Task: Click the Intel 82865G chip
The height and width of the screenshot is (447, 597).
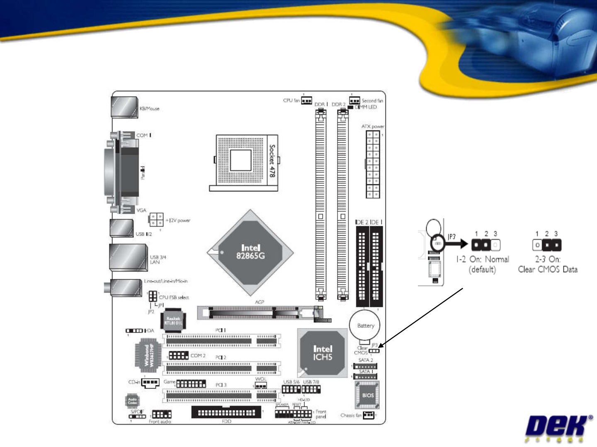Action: (250, 252)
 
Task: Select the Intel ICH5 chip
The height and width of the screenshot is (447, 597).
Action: (323, 353)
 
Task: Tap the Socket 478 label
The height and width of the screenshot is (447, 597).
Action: (272, 161)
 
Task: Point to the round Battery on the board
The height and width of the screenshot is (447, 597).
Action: (365, 326)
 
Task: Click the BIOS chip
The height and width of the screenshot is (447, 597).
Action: (367, 395)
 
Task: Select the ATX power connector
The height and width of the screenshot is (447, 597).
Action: (373, 164)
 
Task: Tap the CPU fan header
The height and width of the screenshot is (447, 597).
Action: (306, 101)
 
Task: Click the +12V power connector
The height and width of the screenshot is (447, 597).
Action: (156, 219)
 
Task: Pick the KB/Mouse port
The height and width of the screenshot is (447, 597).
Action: (124, 107)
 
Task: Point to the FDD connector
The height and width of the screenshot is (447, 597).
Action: (226, 413)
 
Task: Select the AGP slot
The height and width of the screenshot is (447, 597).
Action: (259, 312)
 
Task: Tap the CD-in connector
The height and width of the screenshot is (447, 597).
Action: (150, 382)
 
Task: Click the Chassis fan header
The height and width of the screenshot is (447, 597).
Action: (368, 415)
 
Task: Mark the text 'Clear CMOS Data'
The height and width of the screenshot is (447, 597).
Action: (548, 269)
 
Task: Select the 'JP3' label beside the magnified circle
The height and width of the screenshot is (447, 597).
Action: (451, 237)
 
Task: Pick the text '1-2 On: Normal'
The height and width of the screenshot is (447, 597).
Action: (483, 259)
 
